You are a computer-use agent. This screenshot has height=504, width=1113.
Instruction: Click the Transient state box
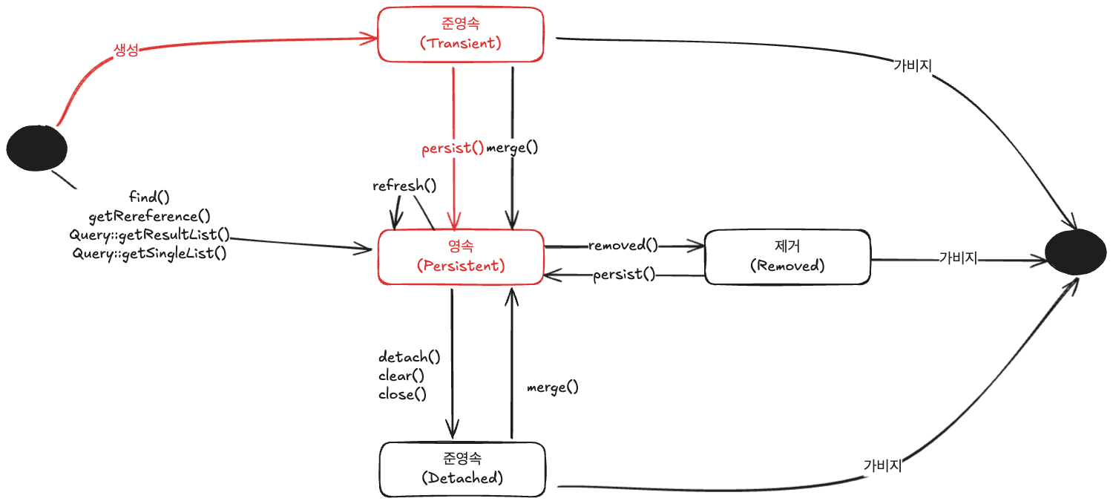pos(461,34)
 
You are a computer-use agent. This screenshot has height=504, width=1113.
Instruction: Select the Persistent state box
pos(461,257)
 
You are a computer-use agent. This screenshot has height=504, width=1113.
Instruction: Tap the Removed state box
pos(787,257)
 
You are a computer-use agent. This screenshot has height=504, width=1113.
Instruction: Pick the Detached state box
pos(462,469)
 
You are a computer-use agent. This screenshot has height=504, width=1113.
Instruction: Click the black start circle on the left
pos(37,148)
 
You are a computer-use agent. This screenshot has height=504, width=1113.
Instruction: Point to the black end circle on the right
pos(1076,252)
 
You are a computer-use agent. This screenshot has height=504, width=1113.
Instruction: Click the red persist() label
pos(453,148)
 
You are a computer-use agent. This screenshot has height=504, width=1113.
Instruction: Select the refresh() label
pos(404,186)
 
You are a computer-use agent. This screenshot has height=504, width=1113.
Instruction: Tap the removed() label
pos(623,244)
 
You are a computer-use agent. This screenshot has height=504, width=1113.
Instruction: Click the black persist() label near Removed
pos(624,275)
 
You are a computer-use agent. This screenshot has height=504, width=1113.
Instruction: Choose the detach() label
pos(410,356)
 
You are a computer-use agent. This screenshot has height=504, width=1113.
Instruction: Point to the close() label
pos(402,394)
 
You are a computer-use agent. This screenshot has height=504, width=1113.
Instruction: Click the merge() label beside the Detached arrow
pos(553,387)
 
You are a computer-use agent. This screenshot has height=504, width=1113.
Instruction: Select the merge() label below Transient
pos(512,148)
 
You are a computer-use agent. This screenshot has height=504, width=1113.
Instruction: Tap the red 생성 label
pos(125,50)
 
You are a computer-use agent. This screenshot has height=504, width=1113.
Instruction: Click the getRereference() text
pos(150,216)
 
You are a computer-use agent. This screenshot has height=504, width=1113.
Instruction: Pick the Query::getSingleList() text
pos(150,254)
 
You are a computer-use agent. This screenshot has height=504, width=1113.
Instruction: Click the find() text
pos(149,197)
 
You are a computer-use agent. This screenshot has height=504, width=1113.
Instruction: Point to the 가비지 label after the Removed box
pos(958,258)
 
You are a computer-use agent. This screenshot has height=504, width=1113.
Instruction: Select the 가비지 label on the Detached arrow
pos(882,465)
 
